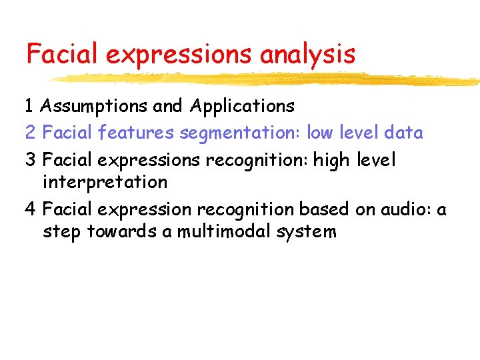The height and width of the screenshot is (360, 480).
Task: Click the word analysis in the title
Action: coord(307,54)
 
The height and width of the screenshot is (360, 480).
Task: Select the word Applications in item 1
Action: coord(242,106)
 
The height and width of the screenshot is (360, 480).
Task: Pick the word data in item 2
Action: coord(403,133)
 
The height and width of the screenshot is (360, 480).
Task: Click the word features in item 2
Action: coord(136,133)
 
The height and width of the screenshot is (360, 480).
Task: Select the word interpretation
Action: coord(105,181)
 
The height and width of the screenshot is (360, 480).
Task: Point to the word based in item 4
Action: coord(321,209)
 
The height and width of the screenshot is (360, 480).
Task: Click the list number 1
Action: coord(30,105)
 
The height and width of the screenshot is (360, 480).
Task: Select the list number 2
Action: coord(30,133)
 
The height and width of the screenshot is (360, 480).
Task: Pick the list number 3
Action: coord(30,160)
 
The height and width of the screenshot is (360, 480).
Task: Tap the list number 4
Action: coord(30,209)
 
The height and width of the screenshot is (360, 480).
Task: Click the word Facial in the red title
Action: coord(62,54)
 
